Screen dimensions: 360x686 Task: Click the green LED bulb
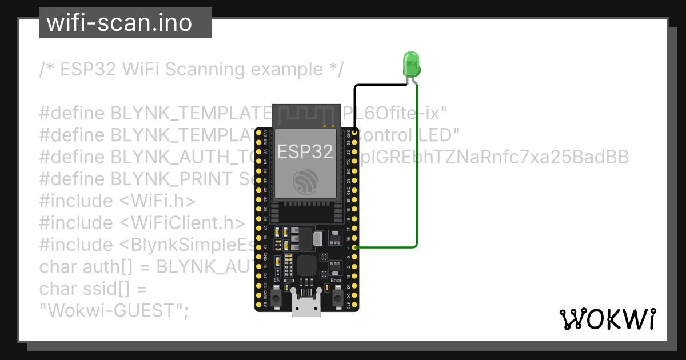click(411, 64)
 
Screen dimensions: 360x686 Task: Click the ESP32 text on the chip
click(305, 151)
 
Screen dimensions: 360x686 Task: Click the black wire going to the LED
click(377, 86)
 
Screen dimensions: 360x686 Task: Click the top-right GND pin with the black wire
click(356, 133)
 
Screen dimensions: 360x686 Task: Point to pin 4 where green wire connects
click(356, 247)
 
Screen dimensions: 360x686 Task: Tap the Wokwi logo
click(607, 319)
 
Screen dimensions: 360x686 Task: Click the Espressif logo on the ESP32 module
click(305, 182)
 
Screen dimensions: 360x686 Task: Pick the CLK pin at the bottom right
click(356, 304)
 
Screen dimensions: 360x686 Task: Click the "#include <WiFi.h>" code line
click(117, 201)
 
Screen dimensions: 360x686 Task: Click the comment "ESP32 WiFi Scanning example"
click(192, 70)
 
